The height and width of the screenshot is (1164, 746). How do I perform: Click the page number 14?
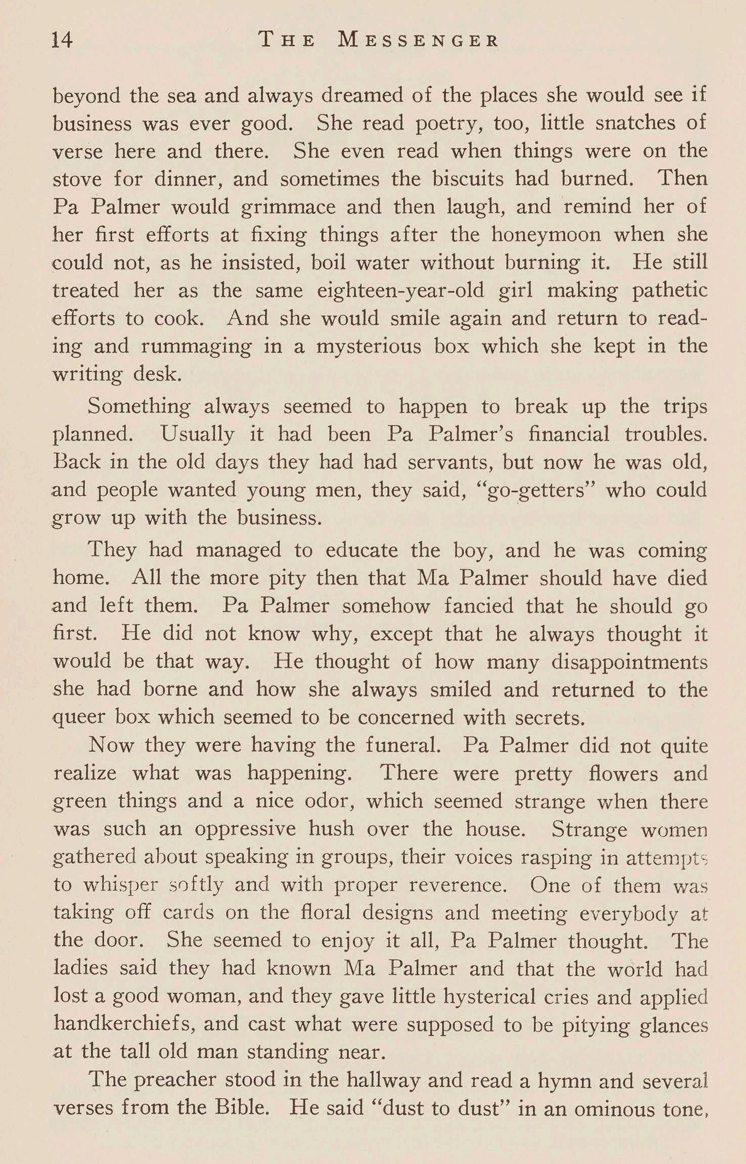(x=63, y=39)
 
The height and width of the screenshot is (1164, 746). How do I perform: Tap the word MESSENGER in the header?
(x=418, y=40)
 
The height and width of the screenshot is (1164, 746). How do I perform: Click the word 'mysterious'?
(x=368, y=347)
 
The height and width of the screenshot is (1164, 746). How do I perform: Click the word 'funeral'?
(x=410, y=746)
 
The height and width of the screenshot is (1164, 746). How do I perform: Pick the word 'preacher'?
(x=179, y=1080)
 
